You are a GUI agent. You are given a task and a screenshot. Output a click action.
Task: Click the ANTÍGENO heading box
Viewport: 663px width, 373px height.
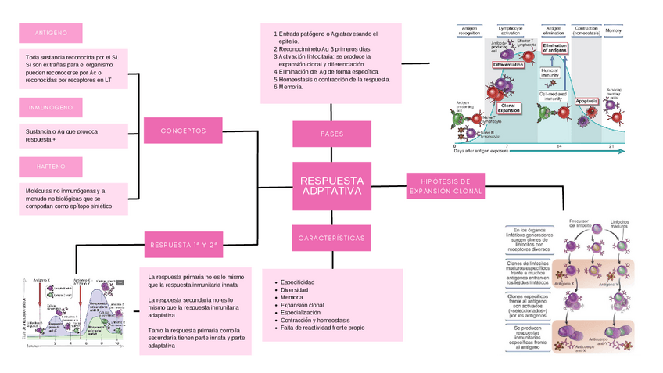pos(50,34)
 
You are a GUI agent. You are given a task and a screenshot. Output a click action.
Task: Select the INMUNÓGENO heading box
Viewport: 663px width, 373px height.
pos(50,107)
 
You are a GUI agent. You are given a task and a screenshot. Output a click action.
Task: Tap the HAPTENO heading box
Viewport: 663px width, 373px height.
pos(50,167)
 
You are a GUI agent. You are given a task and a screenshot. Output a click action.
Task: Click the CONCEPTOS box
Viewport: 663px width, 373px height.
pos(183,131)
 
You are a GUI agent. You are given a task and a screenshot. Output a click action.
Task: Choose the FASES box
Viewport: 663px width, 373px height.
pos(331,134)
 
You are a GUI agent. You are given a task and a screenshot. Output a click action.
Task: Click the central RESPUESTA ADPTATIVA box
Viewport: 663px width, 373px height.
pos(331,186)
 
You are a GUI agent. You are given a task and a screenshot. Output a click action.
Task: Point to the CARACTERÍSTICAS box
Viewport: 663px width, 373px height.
pos(331,237)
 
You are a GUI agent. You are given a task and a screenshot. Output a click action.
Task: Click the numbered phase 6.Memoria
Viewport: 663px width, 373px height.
pos(289,87)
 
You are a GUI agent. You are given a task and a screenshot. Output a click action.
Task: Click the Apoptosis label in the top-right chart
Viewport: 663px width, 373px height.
pos(586,102)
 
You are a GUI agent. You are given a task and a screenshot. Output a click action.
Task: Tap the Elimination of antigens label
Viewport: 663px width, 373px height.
pos(554,48)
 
